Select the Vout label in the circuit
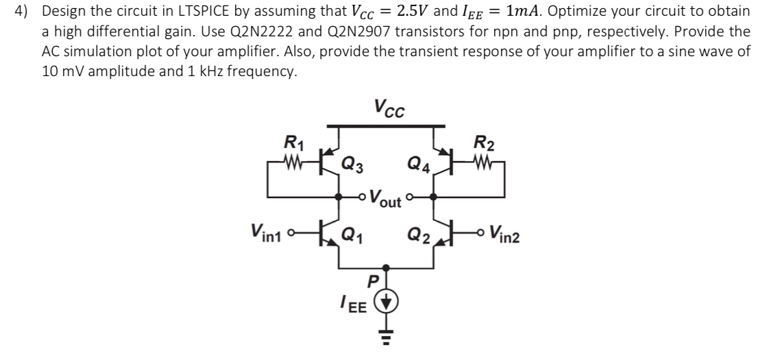[x=385, y=199]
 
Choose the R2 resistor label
[x=481, y=144]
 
